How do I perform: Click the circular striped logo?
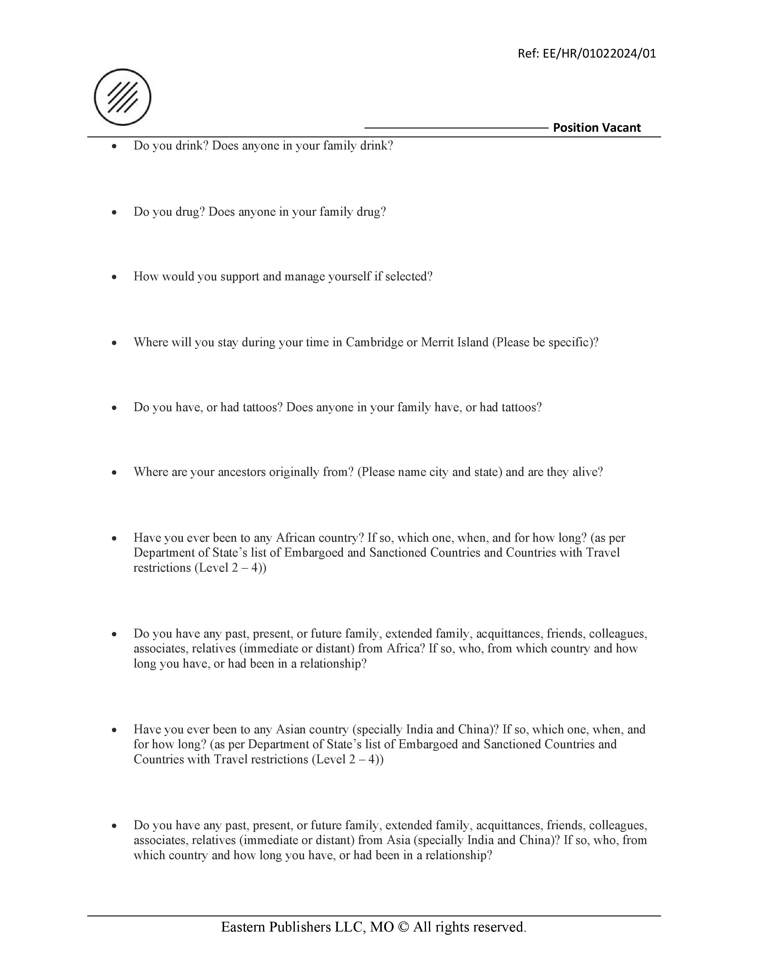(122, 97)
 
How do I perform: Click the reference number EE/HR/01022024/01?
(599, 54)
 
